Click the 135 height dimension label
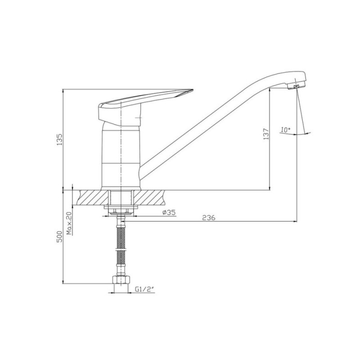tap(59, 139)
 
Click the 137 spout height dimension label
tap(266, 134)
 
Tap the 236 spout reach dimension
tap(209, 217)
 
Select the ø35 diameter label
tap(169, 212)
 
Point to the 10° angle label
tap(285, 130)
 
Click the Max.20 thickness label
tap(70, 223)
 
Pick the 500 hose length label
tap(59, 237)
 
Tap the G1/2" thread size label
tap(144, 289)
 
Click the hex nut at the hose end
tap(121, 280)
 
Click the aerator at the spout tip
tap(297, 86)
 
